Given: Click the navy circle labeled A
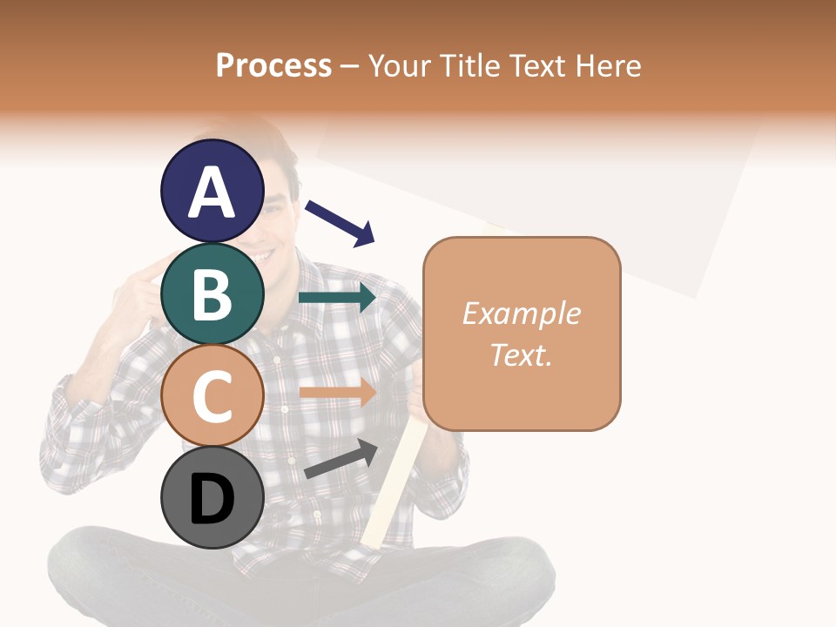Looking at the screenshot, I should click(x=212, y=191).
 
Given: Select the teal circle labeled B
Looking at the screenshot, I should click(x=212, y=293).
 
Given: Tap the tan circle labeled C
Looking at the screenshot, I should click(x=212, y=396).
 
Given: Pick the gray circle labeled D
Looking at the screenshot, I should click(x=212, y=499).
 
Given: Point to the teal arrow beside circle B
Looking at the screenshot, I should click(x=337, y=298).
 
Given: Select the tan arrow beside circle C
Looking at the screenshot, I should click(x=337, y=392).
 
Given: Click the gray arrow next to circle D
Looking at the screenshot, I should click(x=340, y=459).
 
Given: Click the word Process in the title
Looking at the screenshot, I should click(x=273, y=66).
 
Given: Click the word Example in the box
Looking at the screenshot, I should click(x=521, y=313).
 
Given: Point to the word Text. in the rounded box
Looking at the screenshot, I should click(x=521, y=355).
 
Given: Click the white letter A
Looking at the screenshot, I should click(x=212, y=192).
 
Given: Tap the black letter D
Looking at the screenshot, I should click(x=212, y=500).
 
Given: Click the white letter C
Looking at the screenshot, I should click(x=212, y=397).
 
